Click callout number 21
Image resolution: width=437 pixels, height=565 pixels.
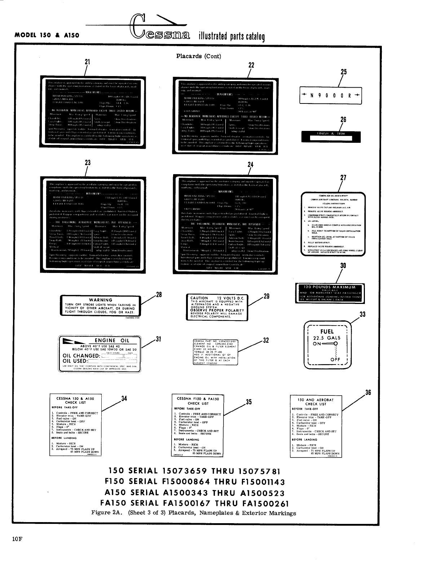pos(87,62)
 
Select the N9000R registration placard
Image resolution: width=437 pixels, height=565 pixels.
pos(331,96)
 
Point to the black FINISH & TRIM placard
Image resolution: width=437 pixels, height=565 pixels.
pos(331,136)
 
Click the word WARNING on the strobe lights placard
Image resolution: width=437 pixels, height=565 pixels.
pos(101,300)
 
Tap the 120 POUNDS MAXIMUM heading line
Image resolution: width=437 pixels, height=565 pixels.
pos(330,287)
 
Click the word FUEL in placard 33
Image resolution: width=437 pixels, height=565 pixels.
pos(327,331)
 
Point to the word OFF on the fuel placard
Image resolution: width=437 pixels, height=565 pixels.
pos(335,359)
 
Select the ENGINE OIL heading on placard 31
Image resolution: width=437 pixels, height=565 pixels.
pos(112,340)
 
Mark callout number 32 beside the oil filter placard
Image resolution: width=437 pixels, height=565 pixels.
pos(266,340)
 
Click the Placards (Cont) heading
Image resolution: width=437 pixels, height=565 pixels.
pos(198,56)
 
